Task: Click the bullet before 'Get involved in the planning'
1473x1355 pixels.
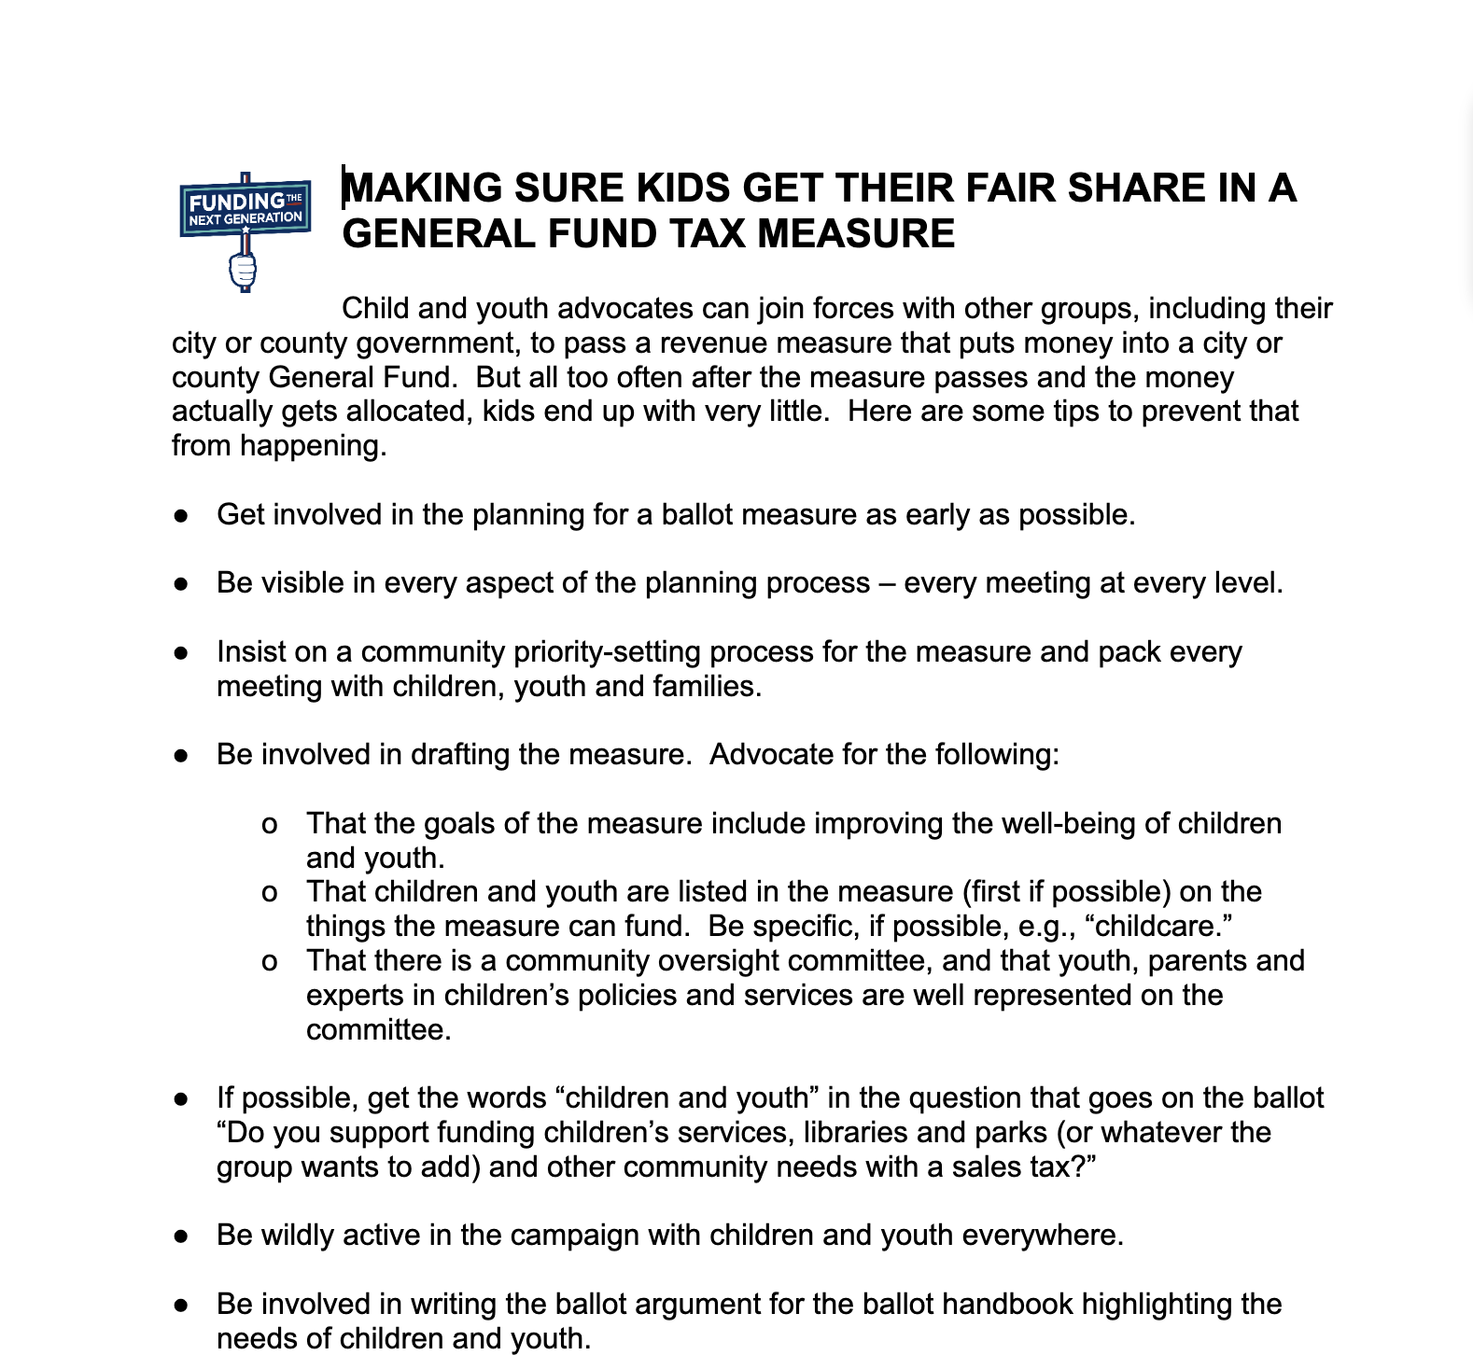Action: pyautogui.click(x=182, y=515)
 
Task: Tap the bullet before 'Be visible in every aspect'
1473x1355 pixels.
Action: pyautogui.click(x=182, y=583)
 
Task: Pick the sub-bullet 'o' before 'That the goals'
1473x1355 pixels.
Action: pyautogui.click(x=269, y=824)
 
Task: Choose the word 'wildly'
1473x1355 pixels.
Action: pyautogui.click(x=296, y=1236)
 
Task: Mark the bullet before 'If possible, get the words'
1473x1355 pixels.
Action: pyautogui.click(x=182, y=1098)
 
